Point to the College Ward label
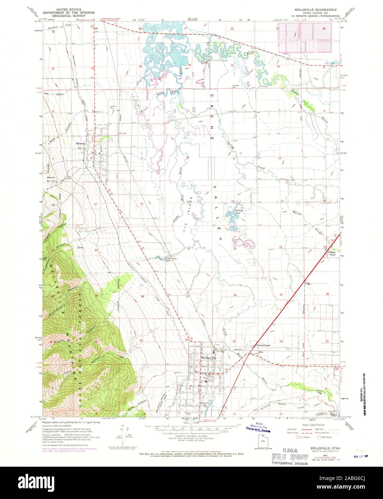click(331, 253)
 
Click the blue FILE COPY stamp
click(290, 457)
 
